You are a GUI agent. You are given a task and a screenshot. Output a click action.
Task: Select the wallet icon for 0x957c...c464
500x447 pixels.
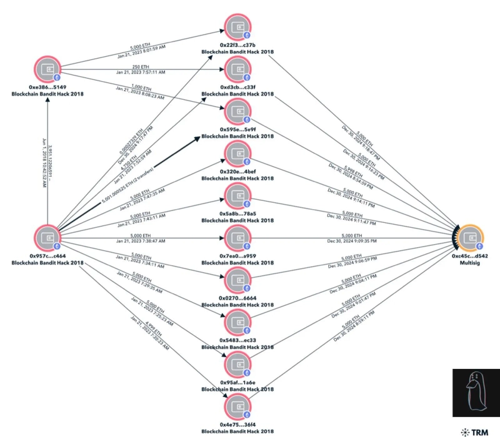47,237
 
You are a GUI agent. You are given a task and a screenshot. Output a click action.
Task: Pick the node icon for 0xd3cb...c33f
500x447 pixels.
237,70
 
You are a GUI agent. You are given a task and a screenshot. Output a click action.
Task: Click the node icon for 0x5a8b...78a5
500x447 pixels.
237,196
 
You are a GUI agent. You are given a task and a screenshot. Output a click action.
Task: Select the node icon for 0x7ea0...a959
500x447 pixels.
237,238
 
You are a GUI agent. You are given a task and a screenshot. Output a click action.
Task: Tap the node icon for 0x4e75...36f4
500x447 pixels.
237,406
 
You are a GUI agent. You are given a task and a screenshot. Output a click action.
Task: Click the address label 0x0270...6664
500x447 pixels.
237,297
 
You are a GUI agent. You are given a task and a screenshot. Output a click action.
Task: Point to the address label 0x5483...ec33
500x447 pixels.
237,340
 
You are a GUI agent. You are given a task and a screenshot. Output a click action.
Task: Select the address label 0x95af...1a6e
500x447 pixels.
237,381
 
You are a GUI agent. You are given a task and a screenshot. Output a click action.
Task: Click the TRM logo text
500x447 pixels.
477,431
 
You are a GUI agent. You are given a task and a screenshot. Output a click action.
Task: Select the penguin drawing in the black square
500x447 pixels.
474,391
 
